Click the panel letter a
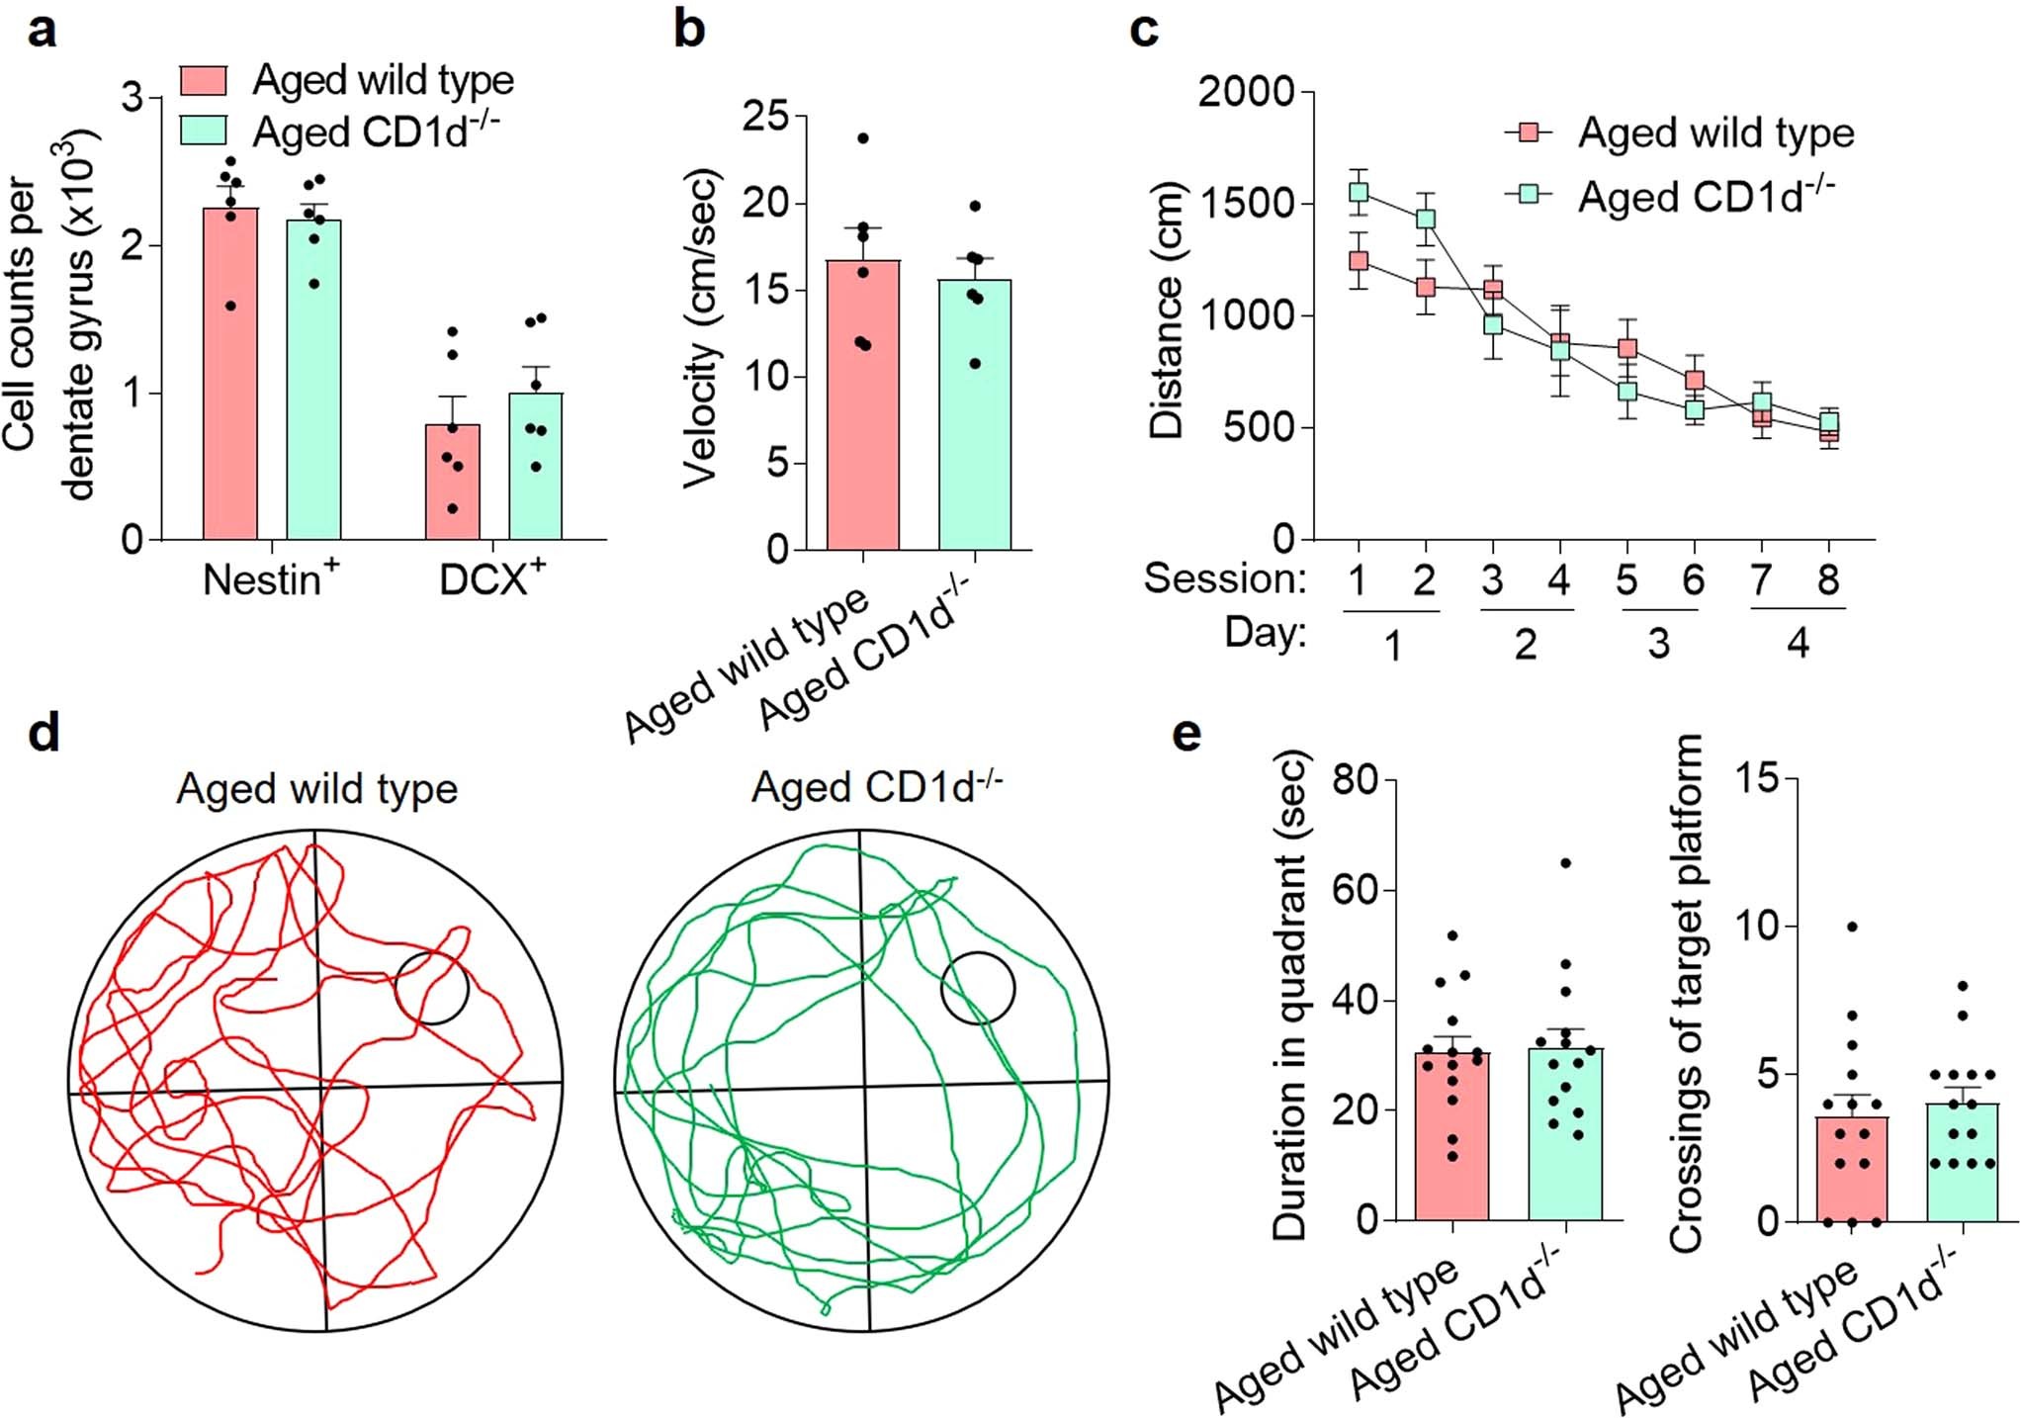click(41, 31)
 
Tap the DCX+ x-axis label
click(491, 578)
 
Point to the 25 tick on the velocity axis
click(765, 117)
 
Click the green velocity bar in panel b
click(975, 415)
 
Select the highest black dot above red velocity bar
click(863, 138)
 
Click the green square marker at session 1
click(1359, 192)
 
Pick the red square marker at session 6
click(1695, 380)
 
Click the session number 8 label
click(1828, 579)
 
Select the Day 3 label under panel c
click(1658, 644)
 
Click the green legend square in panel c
click(1529, 194)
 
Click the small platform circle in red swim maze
click(431, 987)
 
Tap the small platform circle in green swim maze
click(977, 987)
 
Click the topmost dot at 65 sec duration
click(1565, 863)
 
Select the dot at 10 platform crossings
click(1852, 927)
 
